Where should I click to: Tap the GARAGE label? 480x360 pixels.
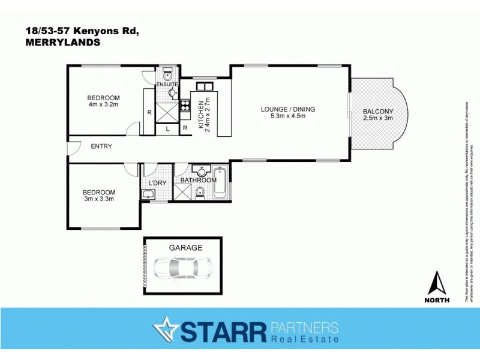click(x=185, y=247)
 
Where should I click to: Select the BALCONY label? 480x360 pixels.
click(x=378, y=111)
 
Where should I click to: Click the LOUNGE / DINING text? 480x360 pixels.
click(x=288, y=109)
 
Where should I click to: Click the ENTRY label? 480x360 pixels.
click(x=102, y=146)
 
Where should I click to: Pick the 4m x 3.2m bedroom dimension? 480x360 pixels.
click(x=103, y=106)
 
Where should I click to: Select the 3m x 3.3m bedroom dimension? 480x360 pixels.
click(x=98, y=199)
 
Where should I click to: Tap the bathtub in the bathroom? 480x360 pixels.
click(x=220, y=183)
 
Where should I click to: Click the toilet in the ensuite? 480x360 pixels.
click(x=169, y=76)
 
